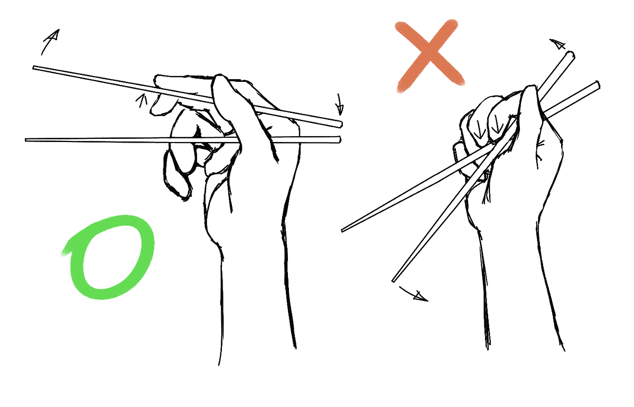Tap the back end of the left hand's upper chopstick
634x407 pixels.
(x=340, y=124)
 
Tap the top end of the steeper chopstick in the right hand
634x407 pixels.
(x=570, y=54)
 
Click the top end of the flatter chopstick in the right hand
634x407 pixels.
(x=597, y=84)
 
